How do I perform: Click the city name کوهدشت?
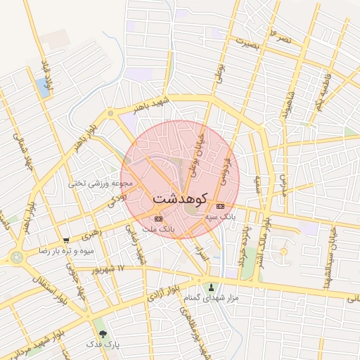coord(179,198)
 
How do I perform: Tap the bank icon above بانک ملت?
coord(158,219)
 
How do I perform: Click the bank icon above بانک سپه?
coord(221,206)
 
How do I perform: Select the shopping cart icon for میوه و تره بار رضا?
coord(66,240)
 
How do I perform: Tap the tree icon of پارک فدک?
coord(103,333)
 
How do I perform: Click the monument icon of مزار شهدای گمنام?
coord(212,287)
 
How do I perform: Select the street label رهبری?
coord(91,233)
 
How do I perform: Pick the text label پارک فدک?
coord(103,345)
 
